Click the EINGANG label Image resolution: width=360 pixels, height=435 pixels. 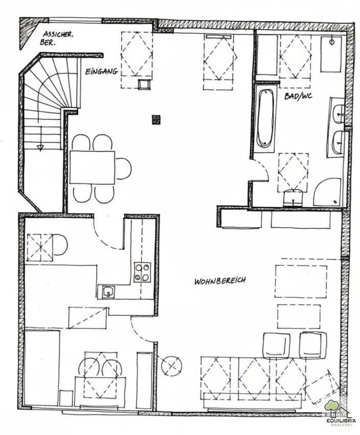pos(101,72)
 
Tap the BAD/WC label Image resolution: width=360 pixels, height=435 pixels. pos(298,96)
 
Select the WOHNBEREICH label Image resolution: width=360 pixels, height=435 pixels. pos(220,281)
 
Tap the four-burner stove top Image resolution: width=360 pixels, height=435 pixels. pos(143,272)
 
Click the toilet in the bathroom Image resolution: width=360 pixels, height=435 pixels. pos(293,198)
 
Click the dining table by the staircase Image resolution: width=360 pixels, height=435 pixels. pos(93,167)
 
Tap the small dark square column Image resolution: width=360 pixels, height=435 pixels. pos(156,120)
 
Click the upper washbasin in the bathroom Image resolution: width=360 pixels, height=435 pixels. pos(339,114)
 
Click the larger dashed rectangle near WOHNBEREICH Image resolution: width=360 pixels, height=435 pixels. pos(301,281)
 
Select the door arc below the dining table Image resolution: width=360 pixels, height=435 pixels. pos(107,236)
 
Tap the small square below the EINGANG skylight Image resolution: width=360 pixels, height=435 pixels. pos(144,84)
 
